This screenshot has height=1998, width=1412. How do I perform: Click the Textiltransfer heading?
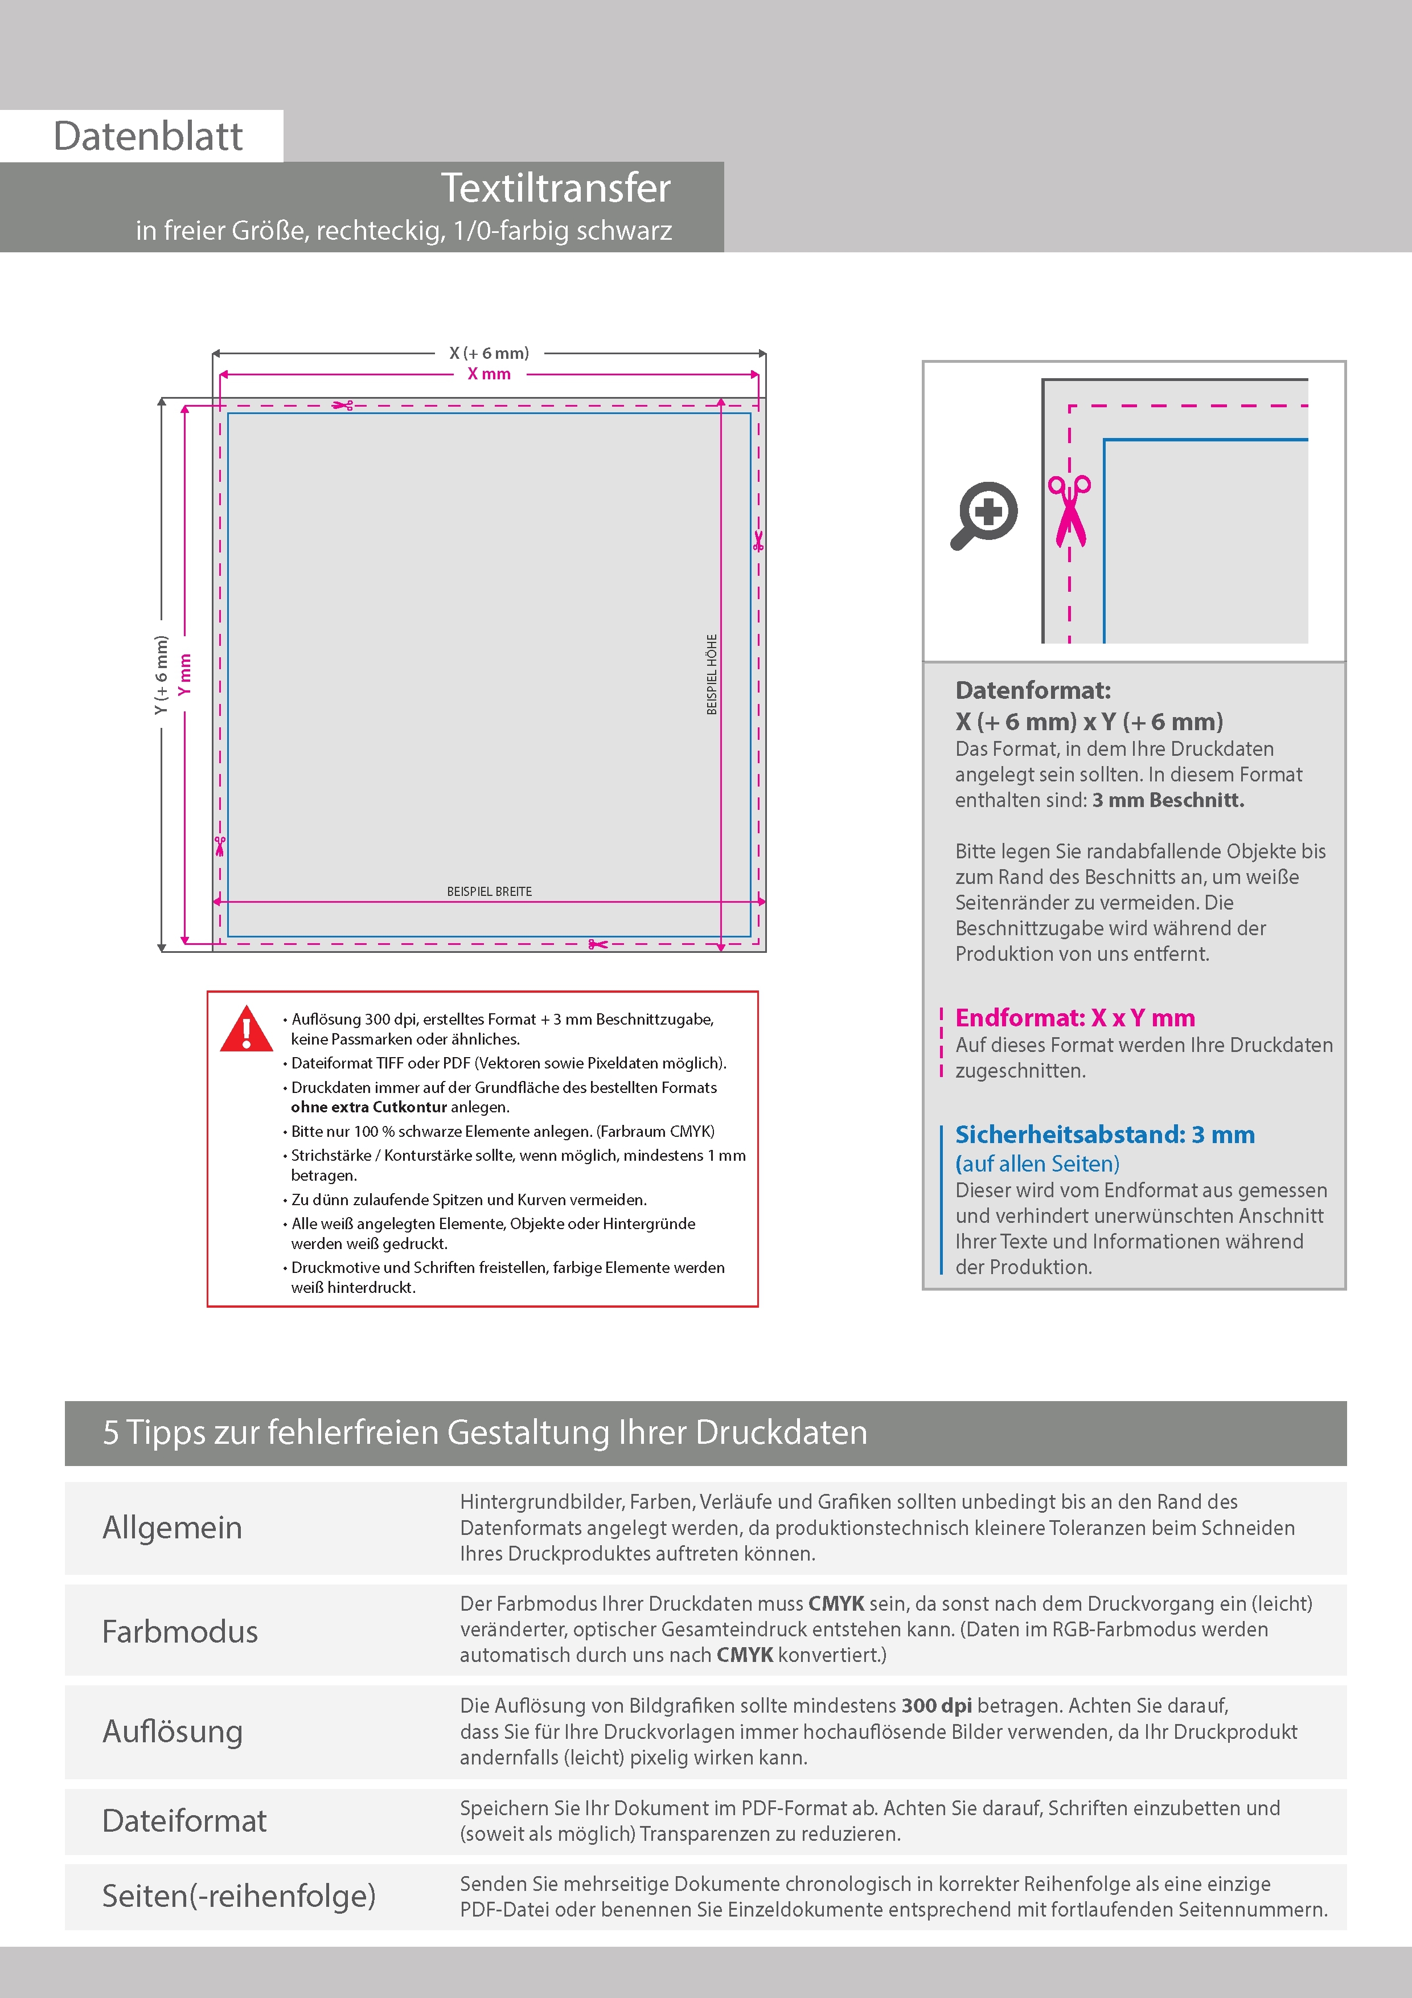[555, 188]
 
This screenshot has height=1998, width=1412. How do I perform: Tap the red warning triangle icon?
[247, 1029]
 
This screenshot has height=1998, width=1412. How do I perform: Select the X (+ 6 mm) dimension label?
[489, 353]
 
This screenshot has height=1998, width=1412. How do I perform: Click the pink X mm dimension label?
[489, 374]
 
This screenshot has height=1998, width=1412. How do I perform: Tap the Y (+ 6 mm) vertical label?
[161, 675]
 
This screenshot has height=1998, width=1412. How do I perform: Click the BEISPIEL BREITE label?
[489, 891]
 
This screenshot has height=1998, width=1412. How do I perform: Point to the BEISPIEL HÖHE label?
[712, 674]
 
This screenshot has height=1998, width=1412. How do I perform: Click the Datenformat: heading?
[1033, 691]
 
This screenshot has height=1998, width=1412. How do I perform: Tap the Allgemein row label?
[173, 1527]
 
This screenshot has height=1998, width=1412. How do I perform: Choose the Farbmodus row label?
[180, 1631]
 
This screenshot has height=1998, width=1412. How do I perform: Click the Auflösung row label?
[173, 1731]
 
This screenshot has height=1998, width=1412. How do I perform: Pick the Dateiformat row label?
[184, 1820]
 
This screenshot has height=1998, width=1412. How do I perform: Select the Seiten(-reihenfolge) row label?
[239, 1895]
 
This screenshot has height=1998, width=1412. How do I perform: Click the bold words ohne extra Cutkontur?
[369, 1107]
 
